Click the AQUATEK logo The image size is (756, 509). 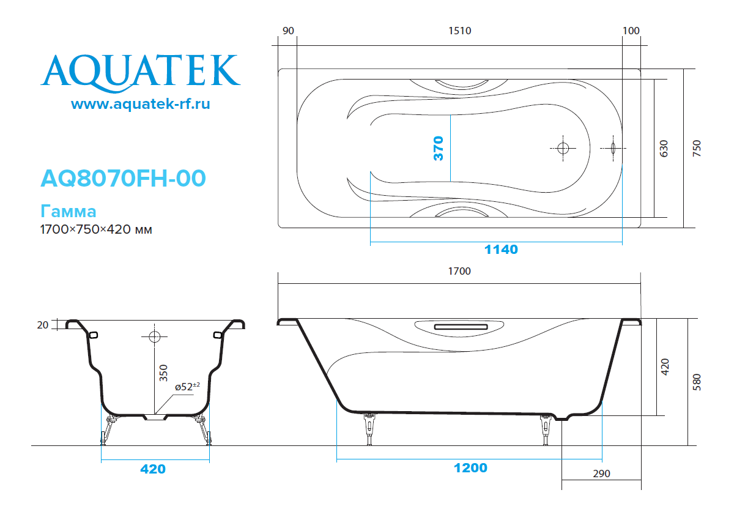coord(141,73)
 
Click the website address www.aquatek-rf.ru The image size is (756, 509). coord(141,103)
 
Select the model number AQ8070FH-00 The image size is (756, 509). coord(123,178)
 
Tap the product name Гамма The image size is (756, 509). coord(68,212)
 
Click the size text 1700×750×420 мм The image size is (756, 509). coord(96,229)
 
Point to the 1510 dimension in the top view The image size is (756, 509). coord(460,31)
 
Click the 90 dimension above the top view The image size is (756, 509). coord(288,31)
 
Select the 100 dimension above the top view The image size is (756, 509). coord(631,31)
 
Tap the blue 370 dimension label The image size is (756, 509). coord(439,148)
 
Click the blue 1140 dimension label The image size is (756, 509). coord(501,250)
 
